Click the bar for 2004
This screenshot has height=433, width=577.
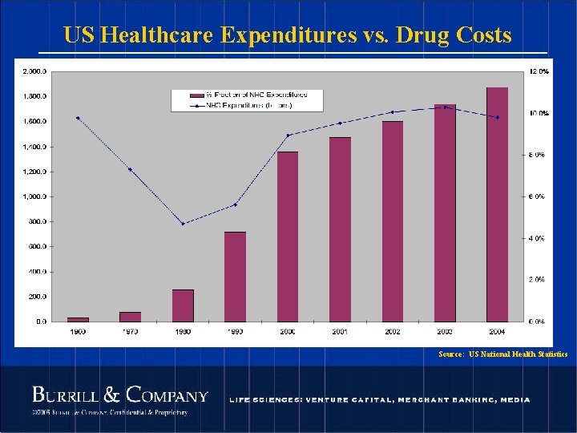coord(497,204)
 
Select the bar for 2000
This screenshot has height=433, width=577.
coord(288,237)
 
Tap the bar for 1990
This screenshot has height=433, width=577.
coord(235,277)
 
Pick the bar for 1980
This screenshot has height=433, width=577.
coord(183,306)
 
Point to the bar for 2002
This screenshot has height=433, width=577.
coord(393,221)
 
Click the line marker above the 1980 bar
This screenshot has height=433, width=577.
coord(183,224)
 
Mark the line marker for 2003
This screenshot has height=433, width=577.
coord(445,107)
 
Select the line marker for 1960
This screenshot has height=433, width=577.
coord(78,118)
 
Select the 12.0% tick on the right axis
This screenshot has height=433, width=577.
coord(539,71)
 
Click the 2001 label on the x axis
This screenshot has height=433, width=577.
coord(340,330)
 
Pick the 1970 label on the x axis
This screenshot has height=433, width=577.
coord(130,330)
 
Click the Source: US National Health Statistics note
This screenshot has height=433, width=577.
coord(503,354)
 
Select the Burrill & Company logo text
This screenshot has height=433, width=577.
coord(119,395)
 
